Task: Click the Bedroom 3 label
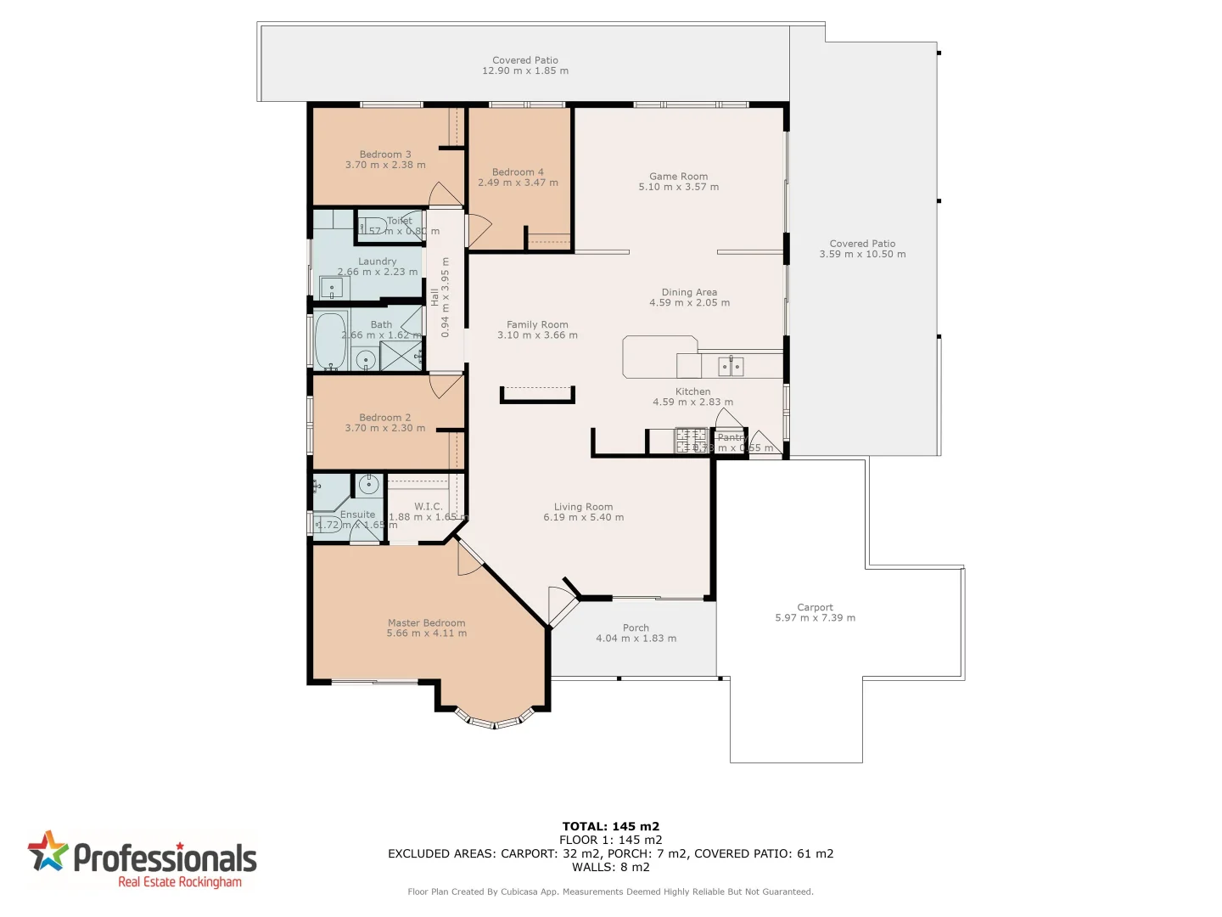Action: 384,155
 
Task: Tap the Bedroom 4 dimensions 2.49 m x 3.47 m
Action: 518,183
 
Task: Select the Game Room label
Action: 678,177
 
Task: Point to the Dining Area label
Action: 689,292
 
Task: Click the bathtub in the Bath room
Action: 330,340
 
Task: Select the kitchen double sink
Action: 731,367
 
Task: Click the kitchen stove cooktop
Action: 690,441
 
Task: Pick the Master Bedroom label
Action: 426,622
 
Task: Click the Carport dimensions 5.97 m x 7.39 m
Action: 815,618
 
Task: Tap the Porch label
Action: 636,627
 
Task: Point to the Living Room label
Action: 583,507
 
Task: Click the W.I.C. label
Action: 429,506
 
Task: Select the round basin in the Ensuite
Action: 368,485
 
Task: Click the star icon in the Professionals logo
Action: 48,852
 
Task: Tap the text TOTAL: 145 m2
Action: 610,826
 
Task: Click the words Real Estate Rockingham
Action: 180,882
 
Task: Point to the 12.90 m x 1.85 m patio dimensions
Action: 525,70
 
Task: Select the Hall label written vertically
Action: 434,297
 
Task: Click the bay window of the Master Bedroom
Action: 494,722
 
